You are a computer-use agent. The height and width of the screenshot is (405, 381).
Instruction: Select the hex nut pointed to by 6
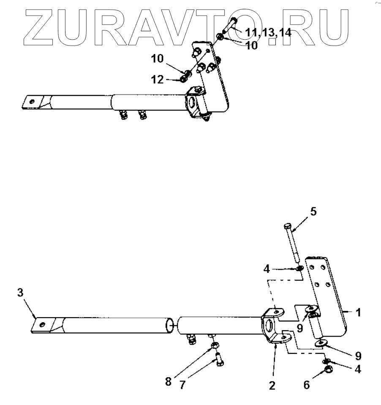(327, 371)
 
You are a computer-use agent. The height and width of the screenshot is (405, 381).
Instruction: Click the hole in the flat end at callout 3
(42, 324)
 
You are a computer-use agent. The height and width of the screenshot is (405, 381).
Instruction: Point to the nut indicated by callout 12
(184, 79)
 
